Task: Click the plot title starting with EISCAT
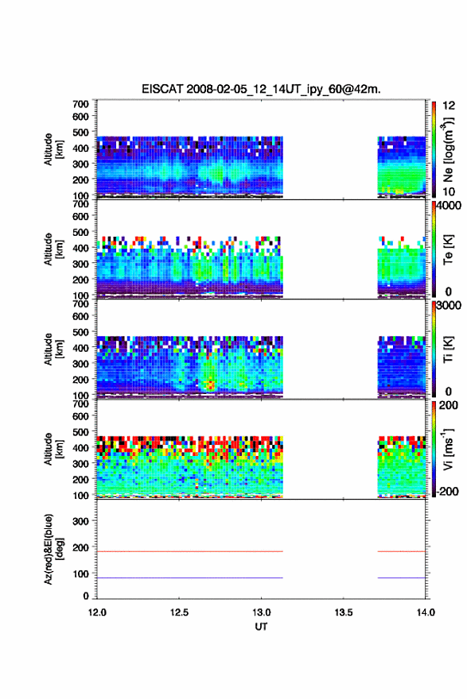point(261,89)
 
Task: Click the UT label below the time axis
point(261,627)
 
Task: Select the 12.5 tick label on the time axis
point(179,612)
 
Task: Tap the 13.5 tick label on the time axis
point(344,612)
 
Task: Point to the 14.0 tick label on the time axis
point(426,612)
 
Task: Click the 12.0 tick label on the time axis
point(97,612)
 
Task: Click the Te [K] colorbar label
point(448,249)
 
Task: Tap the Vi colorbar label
point(448,449)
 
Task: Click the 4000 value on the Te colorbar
point(449,206)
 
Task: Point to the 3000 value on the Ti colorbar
point(449,305)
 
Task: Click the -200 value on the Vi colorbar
point(447,491)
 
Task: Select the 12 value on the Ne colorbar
point(449,106)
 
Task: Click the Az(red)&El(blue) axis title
point(53,549)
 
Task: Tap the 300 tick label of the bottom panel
point(80,521)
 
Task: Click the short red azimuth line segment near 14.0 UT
point(402,551)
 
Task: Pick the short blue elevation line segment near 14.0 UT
point(402,577)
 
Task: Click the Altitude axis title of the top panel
point(53,149)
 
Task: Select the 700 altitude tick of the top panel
point(80,104)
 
